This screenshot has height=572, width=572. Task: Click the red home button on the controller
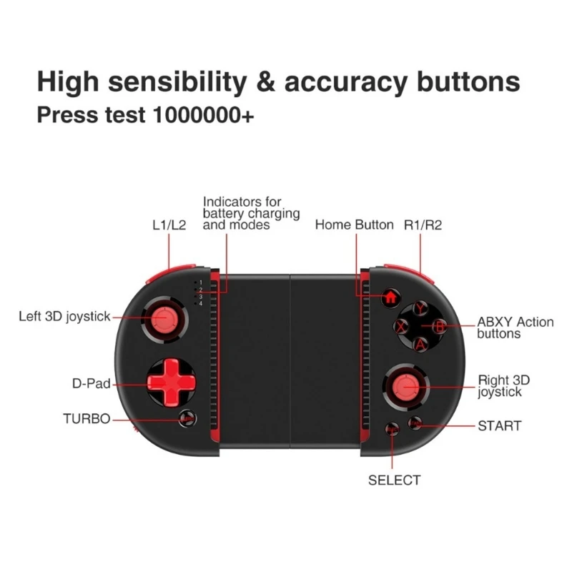(x=390, y=297)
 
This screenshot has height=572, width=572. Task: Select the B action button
(x=440, y=327)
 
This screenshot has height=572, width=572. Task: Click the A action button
(x=420, y=345)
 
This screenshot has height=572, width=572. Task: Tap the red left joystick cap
(x=164, y=319)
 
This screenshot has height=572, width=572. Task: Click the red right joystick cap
(x=405, y=388)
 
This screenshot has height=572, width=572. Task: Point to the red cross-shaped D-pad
(x=172, y=383)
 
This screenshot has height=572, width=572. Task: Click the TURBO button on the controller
(x=187, y=419)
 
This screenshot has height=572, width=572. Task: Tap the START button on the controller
(x=415, y=423)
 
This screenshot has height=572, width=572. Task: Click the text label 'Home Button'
(x=354, y=225)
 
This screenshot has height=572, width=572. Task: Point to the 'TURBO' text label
(x=87, y=419)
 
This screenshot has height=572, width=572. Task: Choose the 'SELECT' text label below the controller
(x=395, y=480)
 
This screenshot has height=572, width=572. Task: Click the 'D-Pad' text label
(x=92, y=383)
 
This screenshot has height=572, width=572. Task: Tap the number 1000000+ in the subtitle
(x=203, y=115)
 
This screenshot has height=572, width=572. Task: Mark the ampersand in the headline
(x=265, y=81)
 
